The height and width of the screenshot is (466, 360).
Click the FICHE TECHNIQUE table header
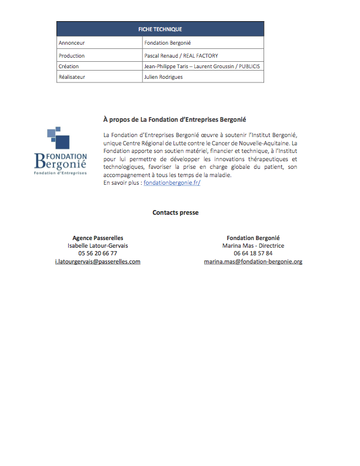pos(159,29)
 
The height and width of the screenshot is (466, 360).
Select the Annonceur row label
pos(72,43)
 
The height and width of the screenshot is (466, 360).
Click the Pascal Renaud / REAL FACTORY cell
pos(181,55)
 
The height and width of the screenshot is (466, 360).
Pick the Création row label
pos(69,66)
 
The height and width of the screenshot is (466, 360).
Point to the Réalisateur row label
pos(72,77)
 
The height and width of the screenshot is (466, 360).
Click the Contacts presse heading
pos(175,212)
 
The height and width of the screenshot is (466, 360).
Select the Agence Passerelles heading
pos(98,238)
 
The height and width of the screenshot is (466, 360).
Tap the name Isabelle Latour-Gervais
pos(98,245)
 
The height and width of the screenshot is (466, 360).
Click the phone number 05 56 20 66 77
pos(98,253)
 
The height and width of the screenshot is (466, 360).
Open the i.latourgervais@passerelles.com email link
pos(98,261)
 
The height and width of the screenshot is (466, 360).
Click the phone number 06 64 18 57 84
pos(253,253)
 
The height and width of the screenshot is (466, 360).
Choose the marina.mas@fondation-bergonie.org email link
pos(253,261)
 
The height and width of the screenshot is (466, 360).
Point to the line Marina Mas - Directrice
pos(253,245)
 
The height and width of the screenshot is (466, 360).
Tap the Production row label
pos(72,55)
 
